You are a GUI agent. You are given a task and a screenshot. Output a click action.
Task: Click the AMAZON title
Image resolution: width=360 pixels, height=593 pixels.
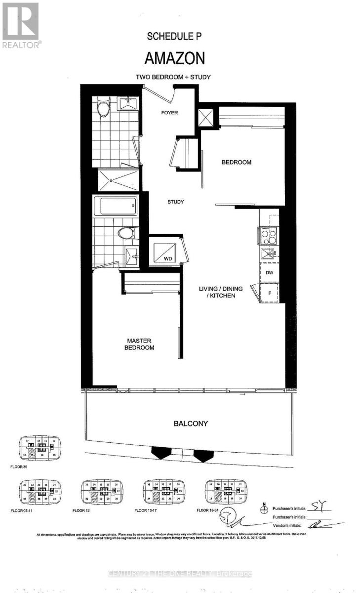[x=174, y=58]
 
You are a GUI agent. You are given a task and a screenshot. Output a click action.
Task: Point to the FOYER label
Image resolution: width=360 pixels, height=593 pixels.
[x=169, y=113]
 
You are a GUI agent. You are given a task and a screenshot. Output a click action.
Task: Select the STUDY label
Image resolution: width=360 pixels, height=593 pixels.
[x=175, y=202]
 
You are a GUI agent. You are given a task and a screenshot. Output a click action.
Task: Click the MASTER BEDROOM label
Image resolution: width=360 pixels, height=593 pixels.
[x=140, y=344]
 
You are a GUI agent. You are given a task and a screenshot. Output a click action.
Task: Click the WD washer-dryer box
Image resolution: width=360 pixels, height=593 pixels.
[x=165, y=252]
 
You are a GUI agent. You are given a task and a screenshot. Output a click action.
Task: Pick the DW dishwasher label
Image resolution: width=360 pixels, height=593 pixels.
[x=269, y=272]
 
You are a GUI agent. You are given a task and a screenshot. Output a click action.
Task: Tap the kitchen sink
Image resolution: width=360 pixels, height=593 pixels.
[x=269, y=254]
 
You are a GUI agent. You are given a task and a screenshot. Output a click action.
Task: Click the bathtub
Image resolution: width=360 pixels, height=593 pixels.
[x=115, y=206]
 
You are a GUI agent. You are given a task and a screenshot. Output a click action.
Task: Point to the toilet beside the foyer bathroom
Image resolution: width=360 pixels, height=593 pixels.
[x=103, y=108]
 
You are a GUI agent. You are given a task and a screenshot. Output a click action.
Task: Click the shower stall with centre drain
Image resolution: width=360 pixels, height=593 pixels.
[x=115, y=180]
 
